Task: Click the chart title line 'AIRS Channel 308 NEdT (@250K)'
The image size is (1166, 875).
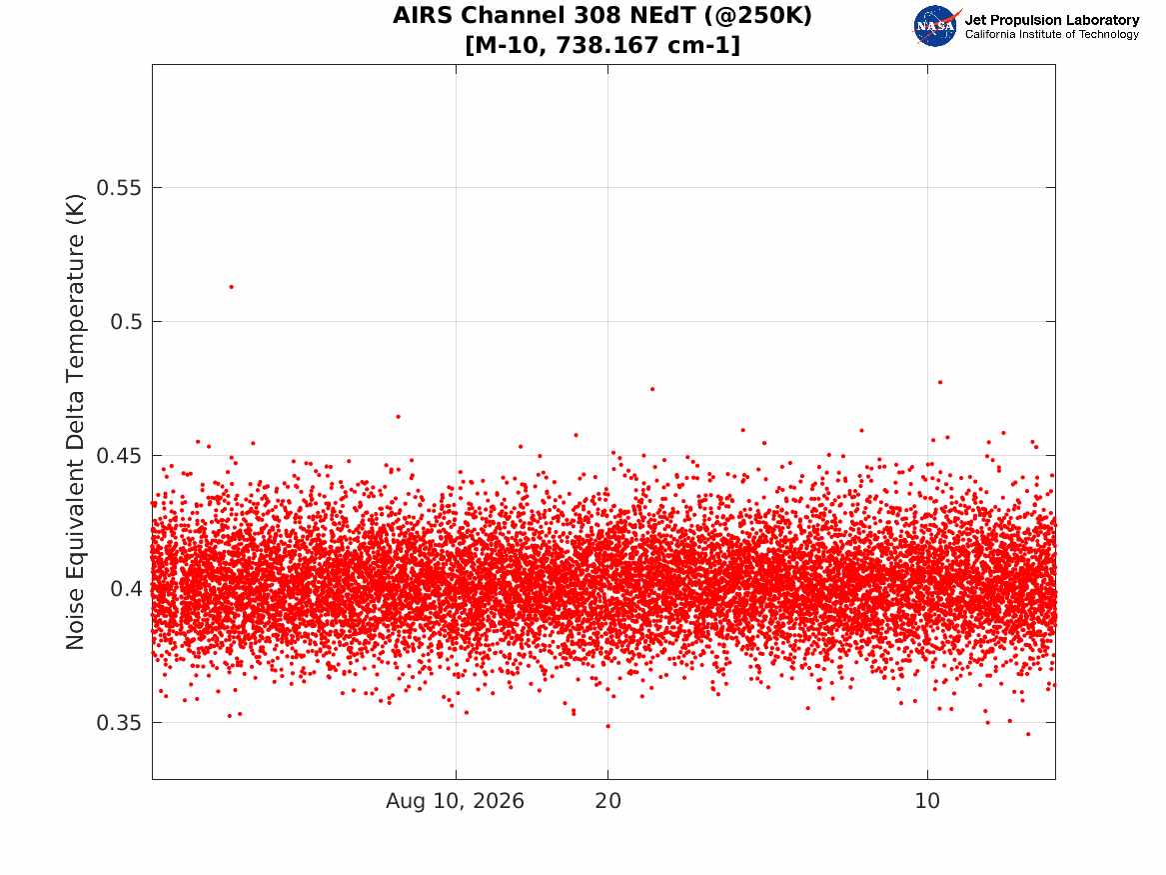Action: pyautogui.click(x=602, y=16)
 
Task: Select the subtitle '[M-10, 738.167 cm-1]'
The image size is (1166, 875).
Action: pyautogui.click(x=602, y=45)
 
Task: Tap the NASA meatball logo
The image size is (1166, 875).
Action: pyautogui.click(x=936, y=26)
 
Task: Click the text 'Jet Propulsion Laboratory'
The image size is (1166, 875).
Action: pyautogui.click(x=1052, y=20)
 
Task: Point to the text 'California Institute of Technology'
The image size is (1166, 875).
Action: pyautogui.click(x=1052, y=34)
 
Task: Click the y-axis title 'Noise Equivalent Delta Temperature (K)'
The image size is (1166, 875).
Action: pyautogui.click(x=75, y=422)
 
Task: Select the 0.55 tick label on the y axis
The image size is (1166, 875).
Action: pyautogui.click(x=119, y=188)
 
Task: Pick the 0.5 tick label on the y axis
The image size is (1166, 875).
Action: pyautogui.click(x=126, y=321)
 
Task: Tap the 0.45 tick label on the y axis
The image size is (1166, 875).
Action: pyautogui.click(x=119, y=455)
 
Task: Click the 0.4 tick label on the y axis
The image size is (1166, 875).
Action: pyautogui.click(x=126, y=589)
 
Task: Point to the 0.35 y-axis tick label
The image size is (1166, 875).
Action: pyautogui.click(x=119, y=723)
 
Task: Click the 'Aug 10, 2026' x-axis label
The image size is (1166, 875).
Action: pyautogui.click(x=455, y=801)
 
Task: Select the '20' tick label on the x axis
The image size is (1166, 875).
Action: pyautogui.click(x=608, y=801)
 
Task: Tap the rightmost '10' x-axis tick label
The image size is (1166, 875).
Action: pyautogui.click(x=927, y=801)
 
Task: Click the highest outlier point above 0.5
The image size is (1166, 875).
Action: pyautogui.click(x=231, y=287)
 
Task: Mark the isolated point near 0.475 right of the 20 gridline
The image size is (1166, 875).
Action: pyautogui.click(x=652, y=389)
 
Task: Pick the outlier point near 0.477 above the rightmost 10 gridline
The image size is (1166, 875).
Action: pyautogui.click(x=940, y=382)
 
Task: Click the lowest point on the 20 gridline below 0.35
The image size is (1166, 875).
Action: pyautogui.click(x=608, y=726)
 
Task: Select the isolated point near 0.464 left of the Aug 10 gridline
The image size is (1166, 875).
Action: pyautogui.click(x=398, y=417)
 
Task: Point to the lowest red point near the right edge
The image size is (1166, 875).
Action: pyautogui.click(x=1028, y=734)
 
